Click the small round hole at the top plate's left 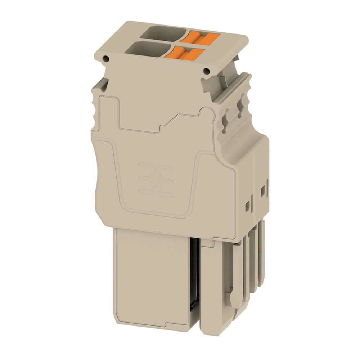(105, 58)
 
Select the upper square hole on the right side (262, 189)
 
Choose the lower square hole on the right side (248, 205)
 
